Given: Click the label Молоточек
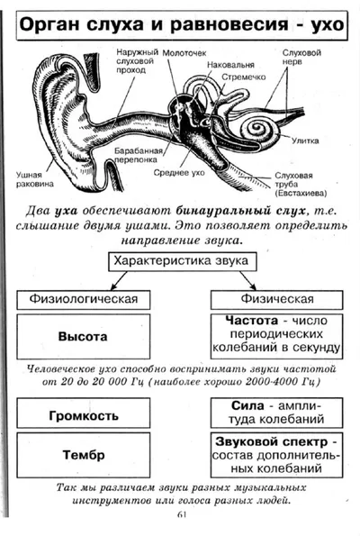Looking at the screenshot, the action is point(184,53).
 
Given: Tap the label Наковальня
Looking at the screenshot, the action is point(230,65).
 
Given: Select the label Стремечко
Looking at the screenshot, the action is point(244,77).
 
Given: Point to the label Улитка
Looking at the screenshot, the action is point(305,141).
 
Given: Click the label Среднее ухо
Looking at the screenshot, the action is point(179,173).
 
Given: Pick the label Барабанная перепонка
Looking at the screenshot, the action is point(138,155).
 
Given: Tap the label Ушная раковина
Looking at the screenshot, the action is point(35,179).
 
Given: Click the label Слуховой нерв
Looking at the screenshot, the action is point(301,57).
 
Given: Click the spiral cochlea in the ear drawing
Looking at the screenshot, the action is point(258,130).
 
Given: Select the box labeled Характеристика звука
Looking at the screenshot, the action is point(183,261).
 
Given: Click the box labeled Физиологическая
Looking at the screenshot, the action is point(84,300).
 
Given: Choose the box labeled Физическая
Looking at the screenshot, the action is point(276,300).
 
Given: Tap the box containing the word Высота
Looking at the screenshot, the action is point(84,336).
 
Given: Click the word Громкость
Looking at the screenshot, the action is point(84,415).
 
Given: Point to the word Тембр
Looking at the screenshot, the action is point(84,455).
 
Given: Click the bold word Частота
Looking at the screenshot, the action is point(252,321).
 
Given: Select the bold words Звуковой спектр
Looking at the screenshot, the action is point(271,441).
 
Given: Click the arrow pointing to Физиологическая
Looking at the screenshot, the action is point(119,280).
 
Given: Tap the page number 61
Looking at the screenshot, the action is point(182,514).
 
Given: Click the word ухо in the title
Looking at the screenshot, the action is point(328,25).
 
